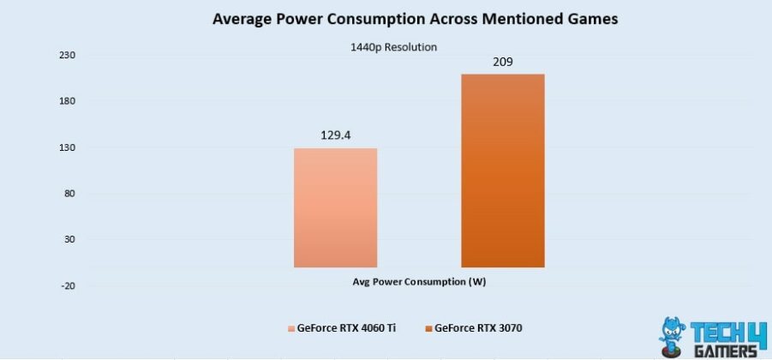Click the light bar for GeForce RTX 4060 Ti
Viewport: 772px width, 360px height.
[335, 207]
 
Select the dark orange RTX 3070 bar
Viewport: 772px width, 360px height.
[502, 171]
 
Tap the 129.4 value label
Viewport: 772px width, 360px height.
[335, 135]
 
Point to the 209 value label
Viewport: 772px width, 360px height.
[502, 62]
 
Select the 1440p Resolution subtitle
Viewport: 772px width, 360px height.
[393, 47]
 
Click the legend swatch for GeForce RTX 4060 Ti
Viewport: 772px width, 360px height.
[290, 328]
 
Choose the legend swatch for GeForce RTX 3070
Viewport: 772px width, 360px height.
[428, 328]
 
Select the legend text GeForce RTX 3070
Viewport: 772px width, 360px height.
[478, 328]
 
